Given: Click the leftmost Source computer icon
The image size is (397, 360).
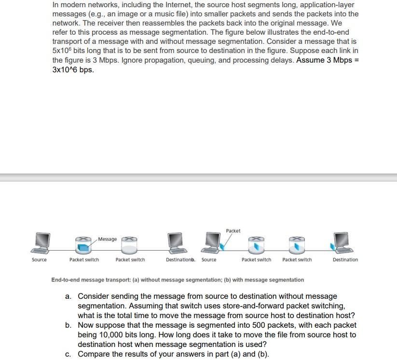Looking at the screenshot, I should (x=40, y=243).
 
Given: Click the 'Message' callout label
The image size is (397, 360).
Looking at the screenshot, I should (x=108, y=239).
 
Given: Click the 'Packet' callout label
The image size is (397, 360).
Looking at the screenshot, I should (x=233, y=231).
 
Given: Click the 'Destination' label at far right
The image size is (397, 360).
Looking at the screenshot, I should (x=345, y=260).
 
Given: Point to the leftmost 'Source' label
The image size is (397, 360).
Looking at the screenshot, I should (x=39, y=260).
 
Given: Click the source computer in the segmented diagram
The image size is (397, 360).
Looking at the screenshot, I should (x=212, y=242).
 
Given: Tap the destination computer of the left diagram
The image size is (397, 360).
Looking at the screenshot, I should (x=176, y=242).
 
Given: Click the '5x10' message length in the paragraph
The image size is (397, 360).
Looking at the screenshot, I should (x=61, y=51).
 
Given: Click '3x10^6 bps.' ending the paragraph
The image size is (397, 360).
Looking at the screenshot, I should (x=73, y=70).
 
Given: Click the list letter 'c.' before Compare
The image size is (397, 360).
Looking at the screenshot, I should (x=68, y=354).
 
